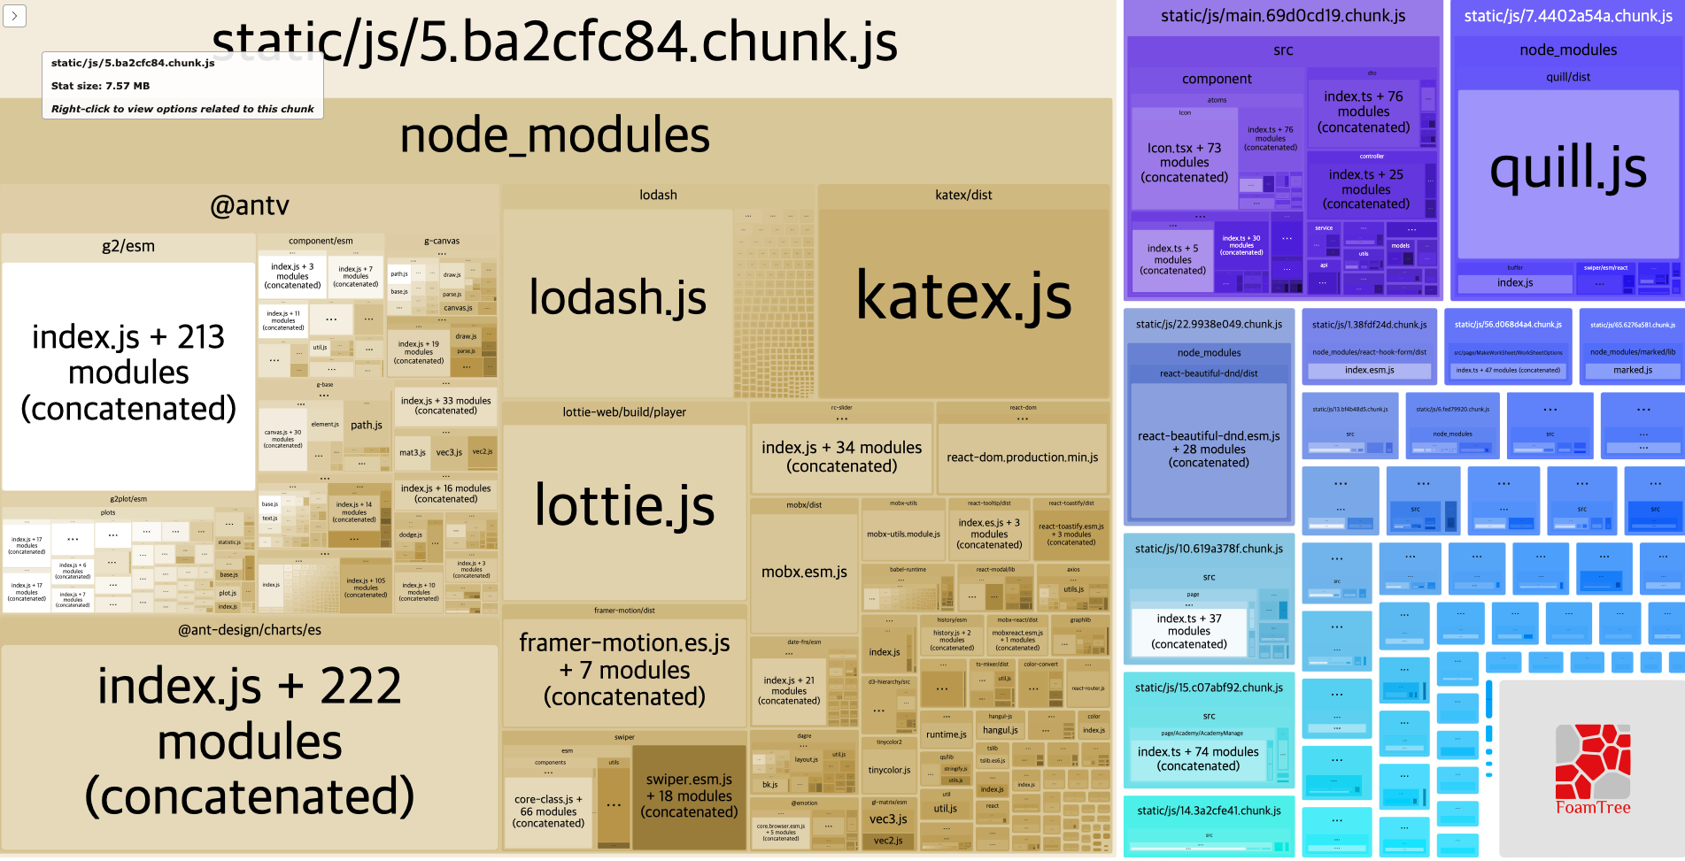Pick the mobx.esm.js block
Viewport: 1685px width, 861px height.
coord(804,573)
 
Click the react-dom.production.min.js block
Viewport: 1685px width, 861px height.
coord(1022,457)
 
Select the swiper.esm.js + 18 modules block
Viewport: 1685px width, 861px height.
coord(689,796)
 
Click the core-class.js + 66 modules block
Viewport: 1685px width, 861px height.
coord(548,811)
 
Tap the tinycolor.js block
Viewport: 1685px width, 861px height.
coord(889,770)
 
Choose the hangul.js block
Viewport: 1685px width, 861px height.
coord(1000,731)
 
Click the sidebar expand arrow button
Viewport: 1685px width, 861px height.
coord(14,15)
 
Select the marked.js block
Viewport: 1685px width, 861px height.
coord(1632,370)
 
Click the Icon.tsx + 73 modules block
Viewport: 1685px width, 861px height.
coord(1184,164)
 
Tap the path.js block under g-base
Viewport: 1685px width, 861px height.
coord(367,426)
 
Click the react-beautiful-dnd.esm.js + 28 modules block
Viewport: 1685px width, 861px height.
coord(1209,450)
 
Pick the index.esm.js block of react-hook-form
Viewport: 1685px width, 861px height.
coord(1369,370)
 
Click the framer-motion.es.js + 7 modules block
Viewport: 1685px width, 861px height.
coord(624,670)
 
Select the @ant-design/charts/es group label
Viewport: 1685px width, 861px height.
coord(250,630)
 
